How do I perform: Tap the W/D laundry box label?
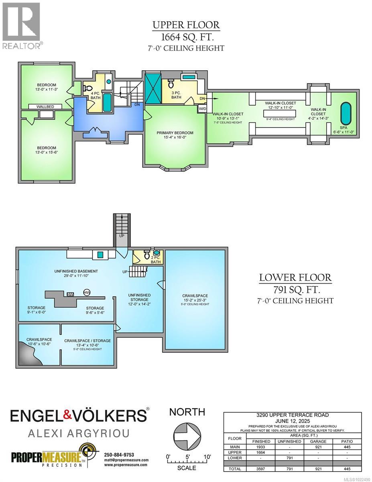[x=202, y=109]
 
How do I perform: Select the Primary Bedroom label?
[x=175, y=133]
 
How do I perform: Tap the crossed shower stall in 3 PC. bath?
[x=152, y=87]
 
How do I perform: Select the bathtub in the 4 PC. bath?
[x=107, y=102]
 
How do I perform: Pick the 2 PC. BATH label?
[x=155, y=259]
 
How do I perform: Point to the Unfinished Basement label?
[x=76, y=271]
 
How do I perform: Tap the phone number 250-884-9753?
[x=119, y=455]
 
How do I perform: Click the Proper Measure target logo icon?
[x=86, y=452]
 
